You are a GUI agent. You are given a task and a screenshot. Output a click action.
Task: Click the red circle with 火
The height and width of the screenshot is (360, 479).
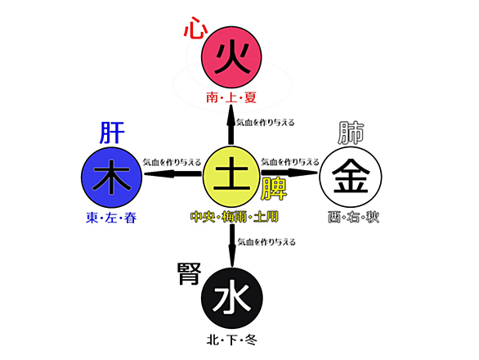(x=231, y=57)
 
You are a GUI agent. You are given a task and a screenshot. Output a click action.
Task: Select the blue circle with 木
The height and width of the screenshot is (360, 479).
(x=112, y=178)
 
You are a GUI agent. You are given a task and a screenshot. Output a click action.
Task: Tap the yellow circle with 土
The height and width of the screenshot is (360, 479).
(x=231, y=177)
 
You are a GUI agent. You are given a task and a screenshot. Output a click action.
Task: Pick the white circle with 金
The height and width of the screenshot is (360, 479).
(x=351, y=177)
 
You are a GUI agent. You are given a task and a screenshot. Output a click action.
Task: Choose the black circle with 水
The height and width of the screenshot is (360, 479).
(x=232, y=298)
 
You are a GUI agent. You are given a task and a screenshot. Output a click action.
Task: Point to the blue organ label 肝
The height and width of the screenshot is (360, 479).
(x=113, y=133)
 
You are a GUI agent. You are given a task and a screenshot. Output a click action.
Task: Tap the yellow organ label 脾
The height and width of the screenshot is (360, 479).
(x=274, y=189)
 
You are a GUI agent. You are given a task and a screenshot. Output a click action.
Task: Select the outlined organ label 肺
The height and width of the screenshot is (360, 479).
(x=351, y=133)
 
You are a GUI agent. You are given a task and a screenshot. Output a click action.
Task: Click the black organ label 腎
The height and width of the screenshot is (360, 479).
(x=190, y=274)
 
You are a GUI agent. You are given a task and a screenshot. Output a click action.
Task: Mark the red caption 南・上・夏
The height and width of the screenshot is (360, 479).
(x=231, y=98)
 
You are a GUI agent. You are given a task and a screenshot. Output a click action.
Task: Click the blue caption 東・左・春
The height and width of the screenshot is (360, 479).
(x=111, y=218)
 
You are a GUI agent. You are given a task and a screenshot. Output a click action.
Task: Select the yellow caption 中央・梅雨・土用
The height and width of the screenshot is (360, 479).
(x=235, y=217)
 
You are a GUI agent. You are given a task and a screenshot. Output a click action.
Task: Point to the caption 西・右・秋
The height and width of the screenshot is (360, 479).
(x=353, y=217)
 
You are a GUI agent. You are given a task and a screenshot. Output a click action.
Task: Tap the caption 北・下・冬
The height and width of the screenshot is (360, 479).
(x=232, y=340)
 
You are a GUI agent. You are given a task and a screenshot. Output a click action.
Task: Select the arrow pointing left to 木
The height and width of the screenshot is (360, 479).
(x=172, y=174)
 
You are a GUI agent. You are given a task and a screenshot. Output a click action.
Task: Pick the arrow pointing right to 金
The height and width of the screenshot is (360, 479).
(x=289, y=173)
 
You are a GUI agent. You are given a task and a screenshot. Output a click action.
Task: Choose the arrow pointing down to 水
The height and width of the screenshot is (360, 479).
(x=232, y=245)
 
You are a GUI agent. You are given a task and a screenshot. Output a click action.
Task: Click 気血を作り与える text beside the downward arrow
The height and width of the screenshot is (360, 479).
(x=266, y=242)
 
